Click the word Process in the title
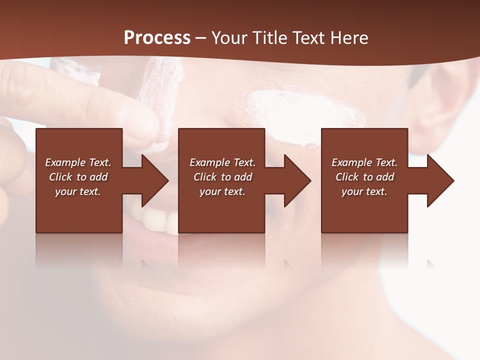click(x=157, y=38)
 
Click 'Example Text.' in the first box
click(x=78, y=162)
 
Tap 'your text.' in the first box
click(x=78, y=191)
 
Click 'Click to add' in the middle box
click(x=222, y=177)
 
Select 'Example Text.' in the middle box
click(x=222, y=162)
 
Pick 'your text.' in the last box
click(x=364, y=191)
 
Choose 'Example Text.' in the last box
click(x=364, y=162)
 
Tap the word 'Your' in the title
click(x=229, y=38)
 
